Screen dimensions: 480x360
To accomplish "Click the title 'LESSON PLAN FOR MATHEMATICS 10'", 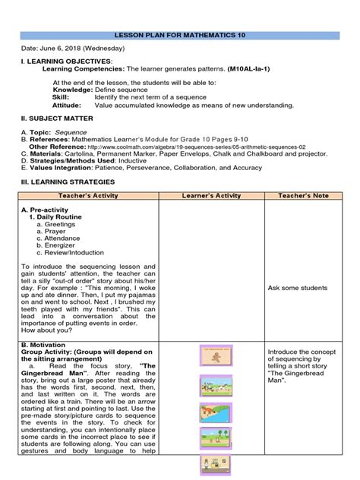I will point(179,35).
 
